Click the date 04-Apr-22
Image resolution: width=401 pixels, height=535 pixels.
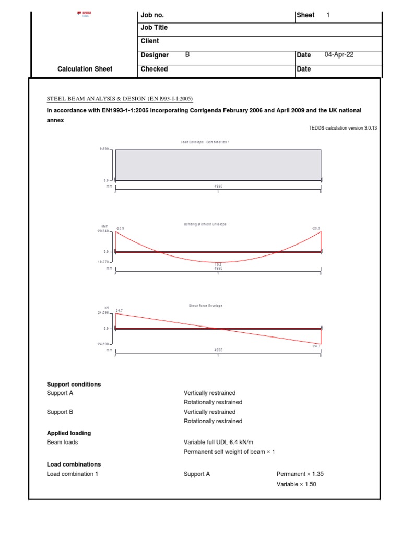point(339,55)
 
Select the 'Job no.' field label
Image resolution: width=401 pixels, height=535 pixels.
point(152,15)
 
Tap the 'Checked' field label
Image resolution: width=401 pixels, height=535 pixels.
point(154,69)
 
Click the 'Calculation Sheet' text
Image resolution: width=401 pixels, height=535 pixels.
point(85,69)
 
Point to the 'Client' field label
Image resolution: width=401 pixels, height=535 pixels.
point(150,41)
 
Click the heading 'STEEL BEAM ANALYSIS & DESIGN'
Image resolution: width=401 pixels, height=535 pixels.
point(120,99)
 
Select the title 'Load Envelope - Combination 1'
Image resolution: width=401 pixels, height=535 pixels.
point(205,142)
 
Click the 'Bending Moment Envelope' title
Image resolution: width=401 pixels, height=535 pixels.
point(205,224)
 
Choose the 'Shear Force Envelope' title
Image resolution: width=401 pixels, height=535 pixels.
point(205,306)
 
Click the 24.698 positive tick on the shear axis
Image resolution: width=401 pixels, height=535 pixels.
point(102,313)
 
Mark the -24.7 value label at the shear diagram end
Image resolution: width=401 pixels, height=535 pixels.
point(316,346)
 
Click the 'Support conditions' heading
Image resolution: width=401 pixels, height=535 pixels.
point(74,385)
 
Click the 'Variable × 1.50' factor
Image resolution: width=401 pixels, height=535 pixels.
point(297,484)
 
